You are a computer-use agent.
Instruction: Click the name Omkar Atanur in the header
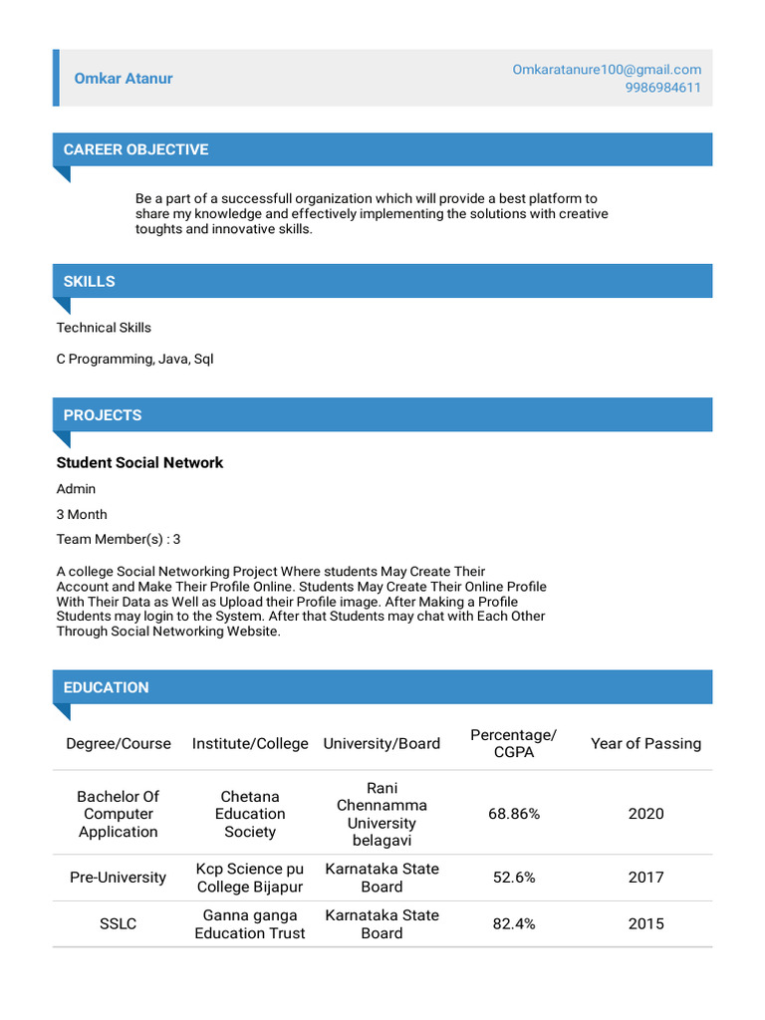click(x=124, y=79)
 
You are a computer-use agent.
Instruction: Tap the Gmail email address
click(x=607, y=70)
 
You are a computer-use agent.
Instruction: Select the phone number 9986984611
click(x=662, y=88)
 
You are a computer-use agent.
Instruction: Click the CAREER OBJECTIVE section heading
click(x=135, y=149)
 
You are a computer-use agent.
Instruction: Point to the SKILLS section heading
click(x=90, y=281)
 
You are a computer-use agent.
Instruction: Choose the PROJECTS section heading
click(x=103, y=414)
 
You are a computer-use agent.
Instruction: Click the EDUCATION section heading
click(x=106, y=687)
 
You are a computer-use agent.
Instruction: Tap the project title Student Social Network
click(x=139, y=462)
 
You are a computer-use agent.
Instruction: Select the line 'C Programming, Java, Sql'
click(x=134, y=359)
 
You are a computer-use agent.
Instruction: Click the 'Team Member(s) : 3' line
click(x=119, y=539)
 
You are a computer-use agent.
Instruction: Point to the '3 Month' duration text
click(x=82, y=514)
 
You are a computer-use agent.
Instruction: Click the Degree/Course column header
click(x=119, y=743)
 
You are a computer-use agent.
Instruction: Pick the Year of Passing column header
click(x=645, y=743)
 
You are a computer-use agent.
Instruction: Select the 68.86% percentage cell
click(x=514, y=814)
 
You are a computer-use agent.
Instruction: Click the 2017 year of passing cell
click(x=645, y=878)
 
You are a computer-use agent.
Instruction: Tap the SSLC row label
click(x=119, y=923)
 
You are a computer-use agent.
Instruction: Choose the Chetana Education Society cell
click(x=250, y=814)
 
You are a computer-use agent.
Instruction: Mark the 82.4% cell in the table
click(x=514, y=923)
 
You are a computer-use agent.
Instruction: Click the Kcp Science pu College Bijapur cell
click(x=250, y=878)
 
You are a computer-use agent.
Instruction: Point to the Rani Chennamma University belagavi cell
click(x=382, y=814)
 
